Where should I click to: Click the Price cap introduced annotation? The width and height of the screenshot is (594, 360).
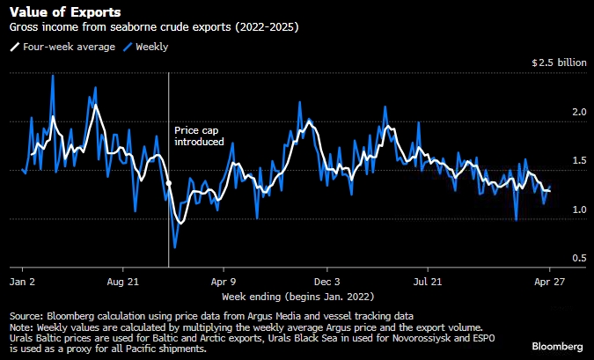(x=199, y=136)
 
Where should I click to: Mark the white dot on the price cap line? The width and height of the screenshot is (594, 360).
(x=168, y=183)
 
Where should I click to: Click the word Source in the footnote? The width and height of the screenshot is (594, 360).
(x=26, y=315)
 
